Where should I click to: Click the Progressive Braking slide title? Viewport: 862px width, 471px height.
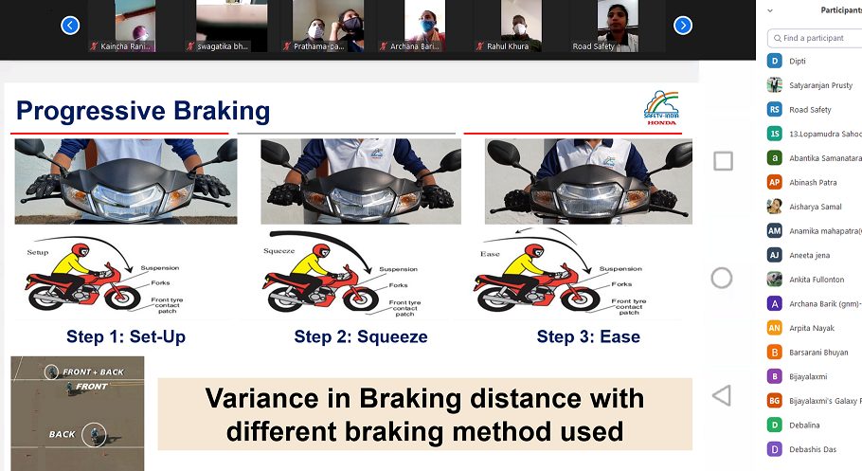(x=143, y=111)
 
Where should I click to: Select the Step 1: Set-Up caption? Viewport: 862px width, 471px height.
(x=126, y=336)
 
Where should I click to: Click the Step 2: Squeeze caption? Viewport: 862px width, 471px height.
(x=360, y=336)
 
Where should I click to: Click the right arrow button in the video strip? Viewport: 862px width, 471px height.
(x=682, y=26)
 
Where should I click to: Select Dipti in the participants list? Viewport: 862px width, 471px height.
(x=798, y=61)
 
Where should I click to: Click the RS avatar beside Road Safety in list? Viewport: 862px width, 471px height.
(x=775, y=109)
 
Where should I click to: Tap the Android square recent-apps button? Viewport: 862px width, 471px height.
(x=723, y=161)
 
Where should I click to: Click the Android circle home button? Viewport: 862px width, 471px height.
(x=722, y=278)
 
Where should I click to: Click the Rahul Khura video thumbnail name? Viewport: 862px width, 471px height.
(x=508, y=45)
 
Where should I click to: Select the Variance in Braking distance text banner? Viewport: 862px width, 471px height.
(x=424, y=414)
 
